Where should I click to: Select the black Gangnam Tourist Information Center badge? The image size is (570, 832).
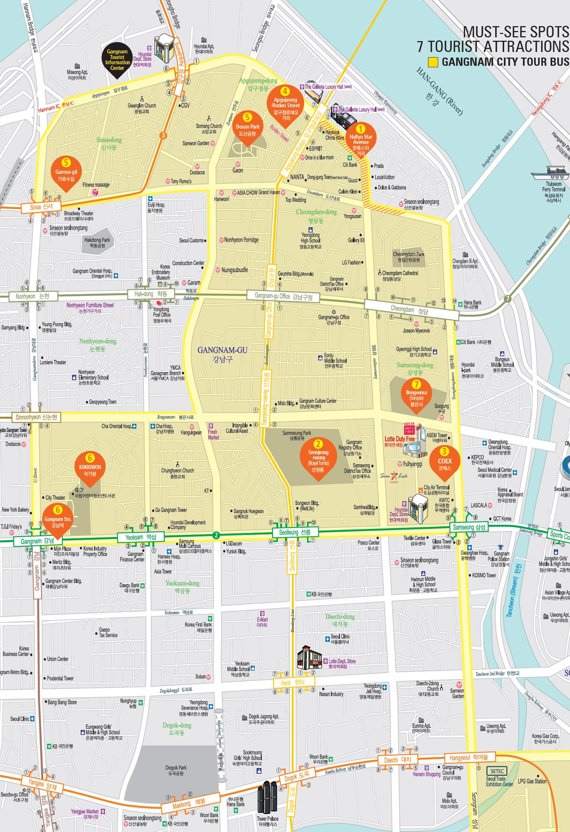coord(117,61)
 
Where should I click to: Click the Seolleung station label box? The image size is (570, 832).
coord(295,532)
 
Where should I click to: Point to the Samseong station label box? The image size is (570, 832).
coord(469,527)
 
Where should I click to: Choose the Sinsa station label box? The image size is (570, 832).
coord(41,207)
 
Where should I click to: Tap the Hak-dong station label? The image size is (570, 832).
coord(151,294)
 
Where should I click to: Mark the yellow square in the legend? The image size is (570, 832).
coord(433,62)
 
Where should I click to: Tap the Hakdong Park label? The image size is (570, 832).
coord(97,243)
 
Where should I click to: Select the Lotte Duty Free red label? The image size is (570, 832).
coord(399,439)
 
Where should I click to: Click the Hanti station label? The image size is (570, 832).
coord(293,682)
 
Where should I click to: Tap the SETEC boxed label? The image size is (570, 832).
coord(497,771)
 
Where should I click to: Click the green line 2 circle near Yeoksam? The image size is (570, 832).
coord(216,535)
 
